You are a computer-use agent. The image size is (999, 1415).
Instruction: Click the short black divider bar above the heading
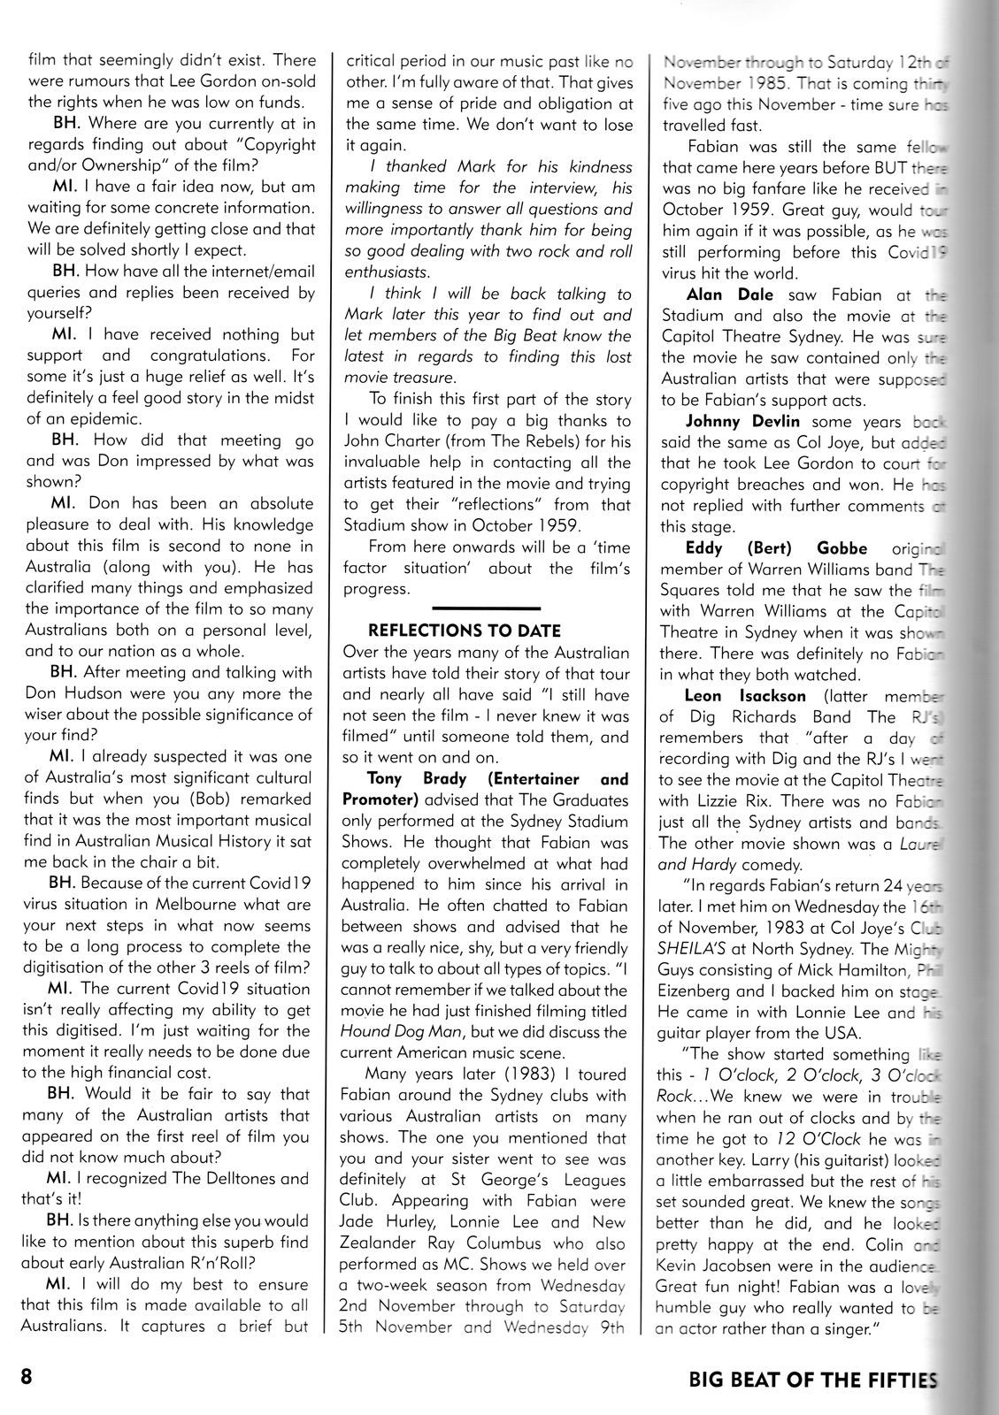pyautogui.click(x=486, y=608)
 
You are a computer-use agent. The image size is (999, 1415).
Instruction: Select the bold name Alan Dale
pyautogui.click(x=718, y=294)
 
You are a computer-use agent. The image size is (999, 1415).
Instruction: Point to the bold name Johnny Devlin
pyautogui.click(x=725, y=421)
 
